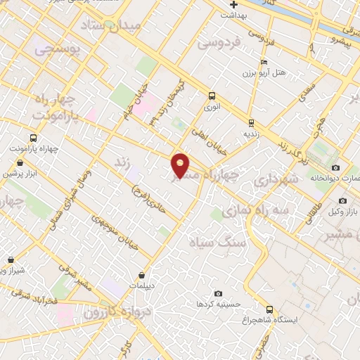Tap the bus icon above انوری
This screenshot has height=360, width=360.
tap(211, 96)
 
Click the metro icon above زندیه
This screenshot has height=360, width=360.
tap(251, 122)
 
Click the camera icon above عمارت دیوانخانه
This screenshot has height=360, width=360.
tap(335, 167)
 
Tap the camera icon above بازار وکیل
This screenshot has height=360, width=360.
tap(342, 200)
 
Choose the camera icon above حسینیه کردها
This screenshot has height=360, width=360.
tap(218, 293)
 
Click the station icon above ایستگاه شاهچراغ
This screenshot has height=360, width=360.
tap(269, 309)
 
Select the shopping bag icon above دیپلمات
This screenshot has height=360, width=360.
tap(143, 275)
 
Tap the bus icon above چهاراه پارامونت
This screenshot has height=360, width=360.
tap(33, 139)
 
